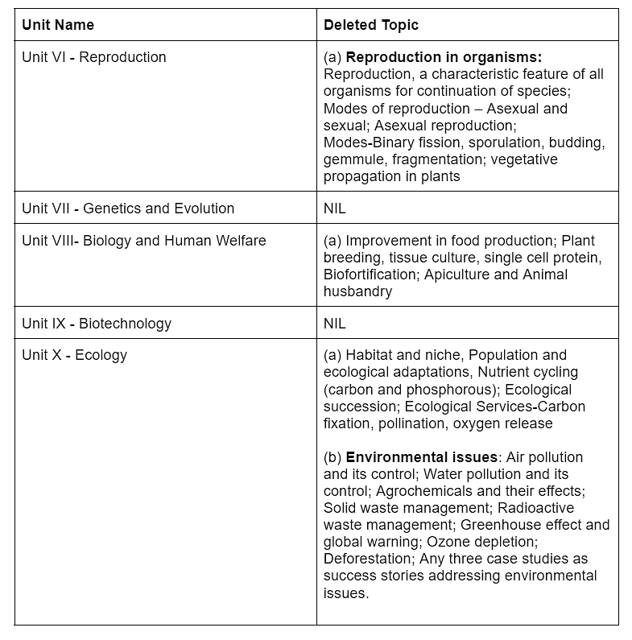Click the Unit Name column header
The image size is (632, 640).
pyautogui.click(x=58, y=25)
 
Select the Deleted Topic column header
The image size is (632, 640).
pyautogui.click(x=371, y=25)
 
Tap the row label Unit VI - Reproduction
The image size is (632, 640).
pyautogui.click(x=94, y=57)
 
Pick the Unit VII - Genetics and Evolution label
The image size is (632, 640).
pyautogui.click(x=128, y=209)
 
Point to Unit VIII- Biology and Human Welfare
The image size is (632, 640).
pyautogui.click(x=144, y=241)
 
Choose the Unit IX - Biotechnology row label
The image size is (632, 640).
pyautogui.click(x=97, y=324)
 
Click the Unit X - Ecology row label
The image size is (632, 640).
pyautogui.click(x=75, y=355)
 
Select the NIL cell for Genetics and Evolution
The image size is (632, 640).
pyautogui.click(x=335, y=209)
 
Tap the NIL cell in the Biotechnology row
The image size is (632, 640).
pyautogui.click(x=335, y=324)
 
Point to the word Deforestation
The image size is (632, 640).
pyautogui.click(x=366, y=559)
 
